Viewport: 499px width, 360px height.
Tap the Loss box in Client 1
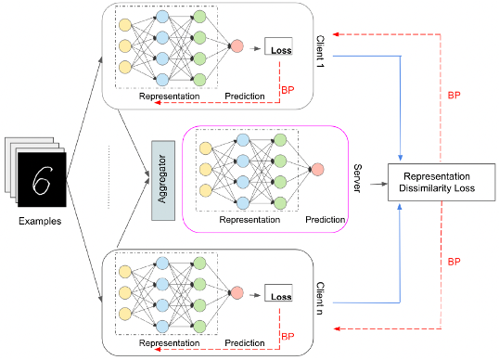[279, 47]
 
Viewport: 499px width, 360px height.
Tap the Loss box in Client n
[279, 296]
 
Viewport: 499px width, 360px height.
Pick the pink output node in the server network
[318, 169]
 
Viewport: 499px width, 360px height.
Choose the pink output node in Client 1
[237, 45]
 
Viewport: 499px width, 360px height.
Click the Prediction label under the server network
[325, 221]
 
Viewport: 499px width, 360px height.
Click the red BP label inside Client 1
[288, 90]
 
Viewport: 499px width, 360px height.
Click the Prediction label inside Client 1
[245, 96]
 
